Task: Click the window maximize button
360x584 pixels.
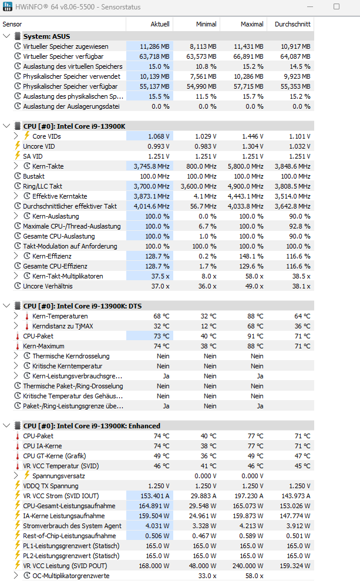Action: [x=336, y=6]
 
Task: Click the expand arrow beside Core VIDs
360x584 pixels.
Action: [x=16, y=136]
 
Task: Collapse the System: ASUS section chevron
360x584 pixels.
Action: [x=6, y=36]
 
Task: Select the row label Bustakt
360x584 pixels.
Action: [x=33, y=176]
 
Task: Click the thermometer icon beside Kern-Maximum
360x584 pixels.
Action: [x=18, y=346]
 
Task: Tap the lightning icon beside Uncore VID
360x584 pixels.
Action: [x=18, y=146]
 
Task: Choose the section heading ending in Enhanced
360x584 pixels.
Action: [x=92, y=426]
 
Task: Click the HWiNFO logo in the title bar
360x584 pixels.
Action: [x=8, y=6]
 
